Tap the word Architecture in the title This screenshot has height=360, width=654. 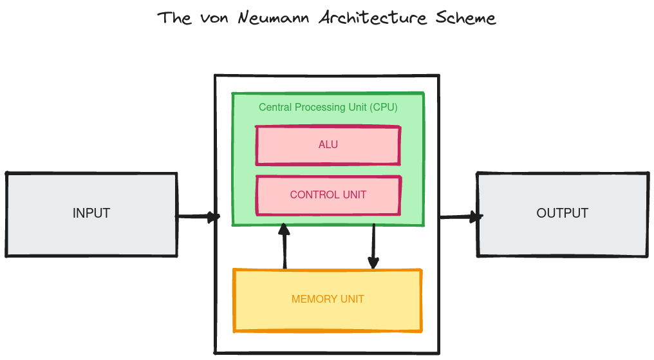click(373, 17)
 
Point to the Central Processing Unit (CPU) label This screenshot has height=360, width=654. click(328, 108)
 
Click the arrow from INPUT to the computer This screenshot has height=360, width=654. click(197, 217)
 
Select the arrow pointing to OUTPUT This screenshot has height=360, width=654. click(461, 217)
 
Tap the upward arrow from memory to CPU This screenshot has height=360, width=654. click(284, 246)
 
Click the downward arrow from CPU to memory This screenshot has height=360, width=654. click(373, 246)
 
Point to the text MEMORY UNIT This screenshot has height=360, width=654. click(328, 299)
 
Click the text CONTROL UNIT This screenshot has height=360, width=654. click(328, 195)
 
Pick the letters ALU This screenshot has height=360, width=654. click(328, 145)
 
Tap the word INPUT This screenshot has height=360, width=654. click(91, 213)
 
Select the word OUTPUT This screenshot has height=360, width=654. click(563, 213)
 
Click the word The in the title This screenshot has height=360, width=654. click(174, 17)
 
